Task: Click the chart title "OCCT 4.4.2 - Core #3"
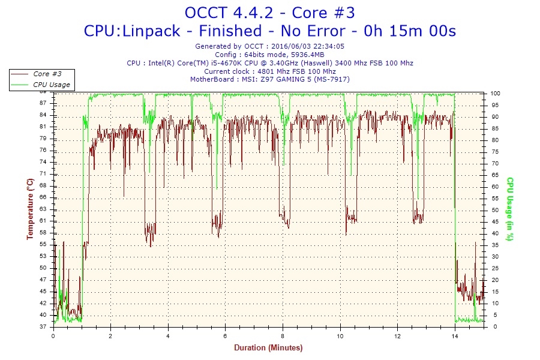[269, 12]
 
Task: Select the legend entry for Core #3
[47, 74]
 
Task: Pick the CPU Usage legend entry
[51, 85]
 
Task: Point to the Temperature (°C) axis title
[30, 209]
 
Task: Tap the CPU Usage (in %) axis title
[509, 209]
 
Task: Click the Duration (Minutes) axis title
[268, 347]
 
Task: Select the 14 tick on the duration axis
[455, 336]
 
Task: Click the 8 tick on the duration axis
[283, 336]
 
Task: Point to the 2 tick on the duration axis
[110, 336]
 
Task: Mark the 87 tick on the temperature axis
[44, 103]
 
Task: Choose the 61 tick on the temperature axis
[44, 221]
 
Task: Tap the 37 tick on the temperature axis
[44, 327]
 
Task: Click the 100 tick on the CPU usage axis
[496, 94]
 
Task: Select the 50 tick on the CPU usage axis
[494, 210]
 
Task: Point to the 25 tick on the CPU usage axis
[494, 268]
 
